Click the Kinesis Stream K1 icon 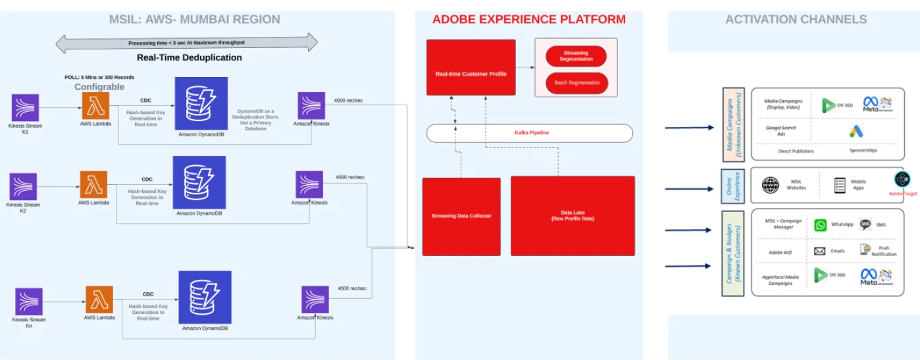click(25, 107)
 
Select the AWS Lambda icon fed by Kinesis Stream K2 click(93, 184)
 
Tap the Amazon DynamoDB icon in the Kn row click(205, 297)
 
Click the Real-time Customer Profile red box click(471, 68)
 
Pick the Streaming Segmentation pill click(576, 56)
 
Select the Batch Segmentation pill click(576, 83)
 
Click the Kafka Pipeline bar click(530, 133)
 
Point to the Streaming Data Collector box click(461, 216)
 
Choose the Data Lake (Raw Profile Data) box click(573, 216)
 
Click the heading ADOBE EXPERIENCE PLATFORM click(529, 20)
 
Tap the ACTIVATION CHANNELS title click(796, 20)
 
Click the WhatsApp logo click(820, 225)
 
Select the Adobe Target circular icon click(902, 178)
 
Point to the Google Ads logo click(856, 131)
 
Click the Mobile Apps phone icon click(839, 185)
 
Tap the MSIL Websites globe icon click(770, 185)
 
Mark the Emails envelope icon click(819, 251)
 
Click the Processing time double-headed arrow click(186, 43)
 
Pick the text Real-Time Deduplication click(189, 58)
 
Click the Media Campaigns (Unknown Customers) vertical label click(733, 124)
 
